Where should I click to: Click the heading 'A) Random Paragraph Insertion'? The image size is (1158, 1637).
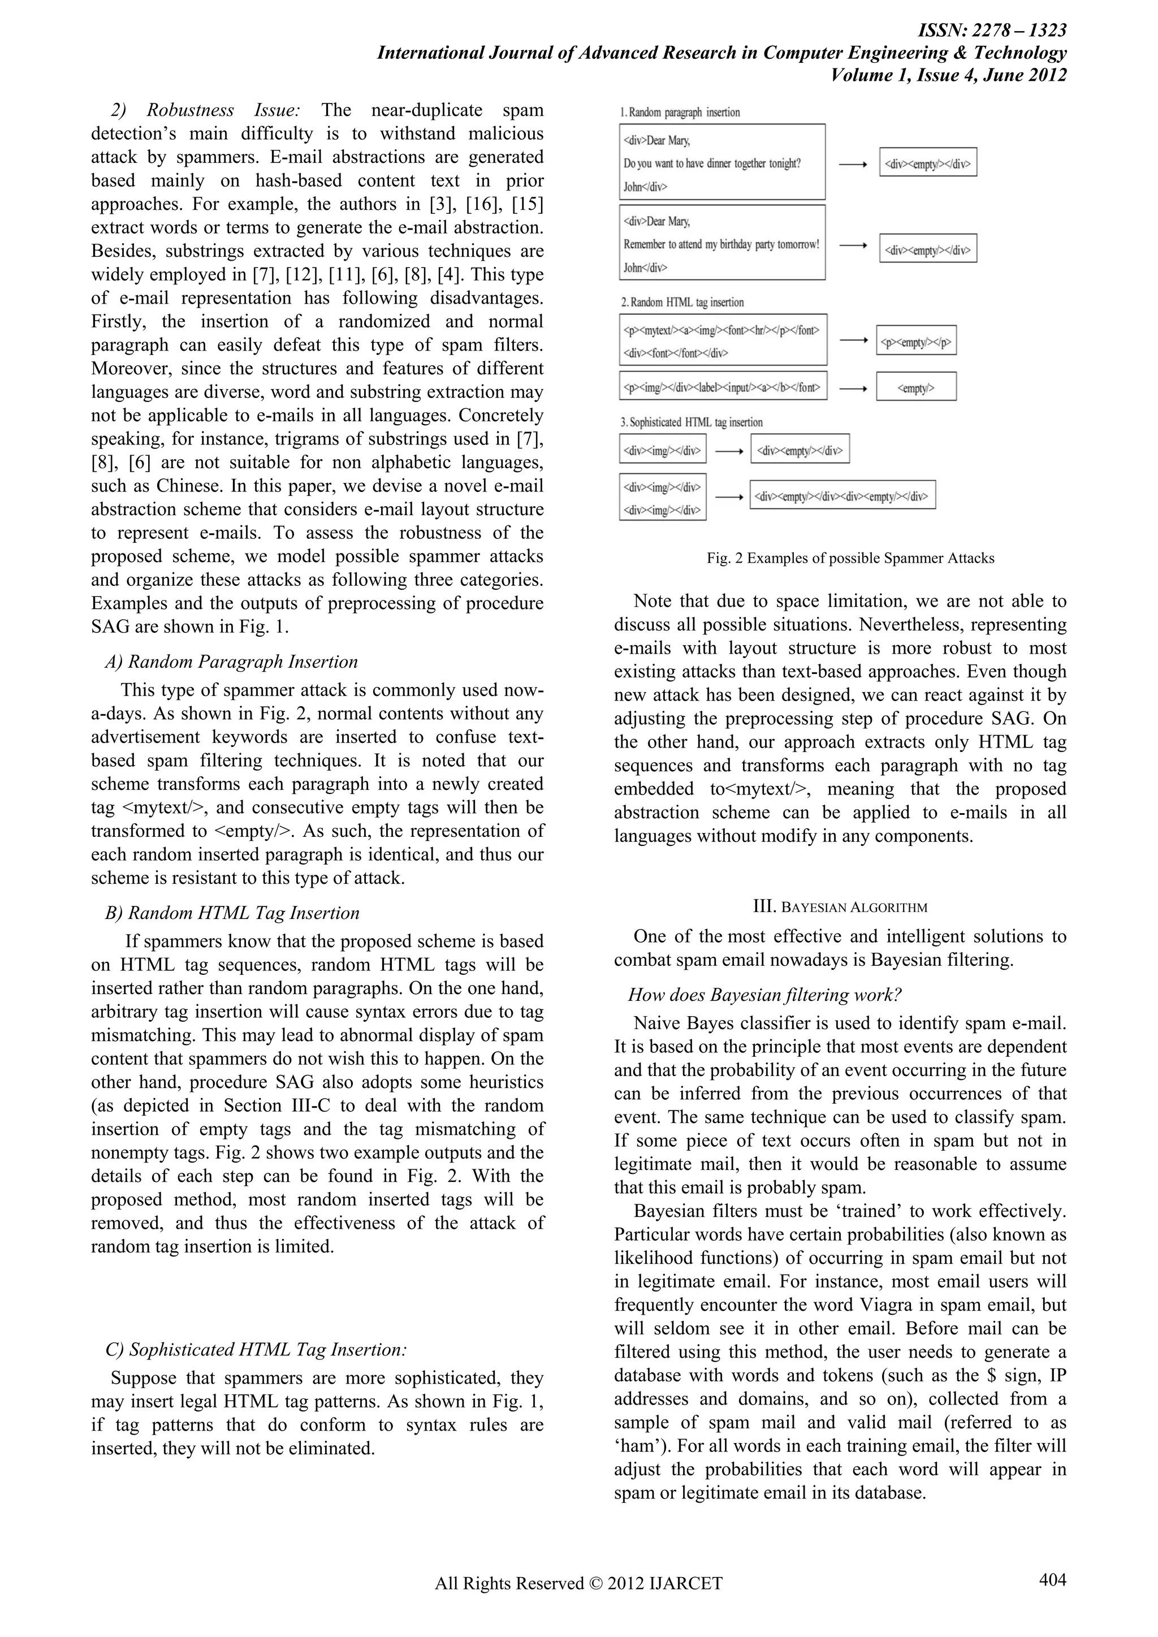[x=231, y=662]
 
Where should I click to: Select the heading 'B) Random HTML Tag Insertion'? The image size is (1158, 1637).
[x=232, y=913]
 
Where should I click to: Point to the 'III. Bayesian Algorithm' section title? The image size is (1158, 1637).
[x=840, y=907]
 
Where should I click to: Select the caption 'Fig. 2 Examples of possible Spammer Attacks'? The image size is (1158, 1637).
[x=850, y=558]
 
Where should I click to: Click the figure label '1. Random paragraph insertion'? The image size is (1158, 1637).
[x=680, y=112]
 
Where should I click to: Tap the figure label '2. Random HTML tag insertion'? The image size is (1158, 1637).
[x=682, y=303]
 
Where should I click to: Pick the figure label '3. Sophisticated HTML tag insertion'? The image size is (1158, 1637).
[x=691, y=422]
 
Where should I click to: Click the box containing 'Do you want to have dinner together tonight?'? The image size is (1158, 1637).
[x=722, y=162]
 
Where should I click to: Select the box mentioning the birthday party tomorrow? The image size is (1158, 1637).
[x=722, y=243]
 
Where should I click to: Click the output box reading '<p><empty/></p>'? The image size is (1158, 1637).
[x=915, y=341]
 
